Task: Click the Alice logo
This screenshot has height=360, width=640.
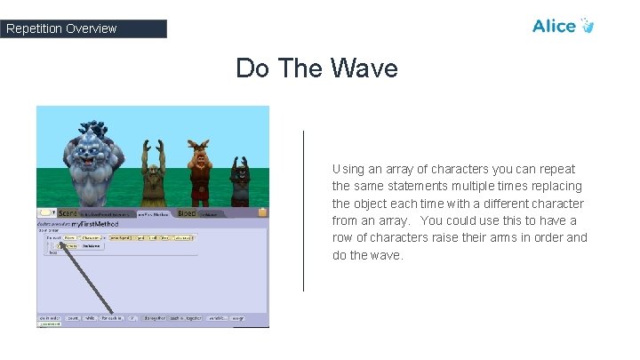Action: [563, 26]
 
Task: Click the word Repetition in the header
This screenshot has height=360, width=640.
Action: [34, 28]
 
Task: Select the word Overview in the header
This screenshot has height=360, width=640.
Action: [90, 28]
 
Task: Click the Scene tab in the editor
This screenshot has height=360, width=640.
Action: [68, 213]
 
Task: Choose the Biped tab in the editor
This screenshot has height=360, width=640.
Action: [187, 213]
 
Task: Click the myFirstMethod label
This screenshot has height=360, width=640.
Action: [92, 224]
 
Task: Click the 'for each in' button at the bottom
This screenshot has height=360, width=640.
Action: [112, 317]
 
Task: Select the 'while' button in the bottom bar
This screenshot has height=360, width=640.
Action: [90, 317]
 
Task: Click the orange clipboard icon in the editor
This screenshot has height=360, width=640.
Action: [262, 212]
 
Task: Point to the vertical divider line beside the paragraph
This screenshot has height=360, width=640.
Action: [304, 211]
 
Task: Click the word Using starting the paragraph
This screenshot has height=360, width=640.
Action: [348, 169]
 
